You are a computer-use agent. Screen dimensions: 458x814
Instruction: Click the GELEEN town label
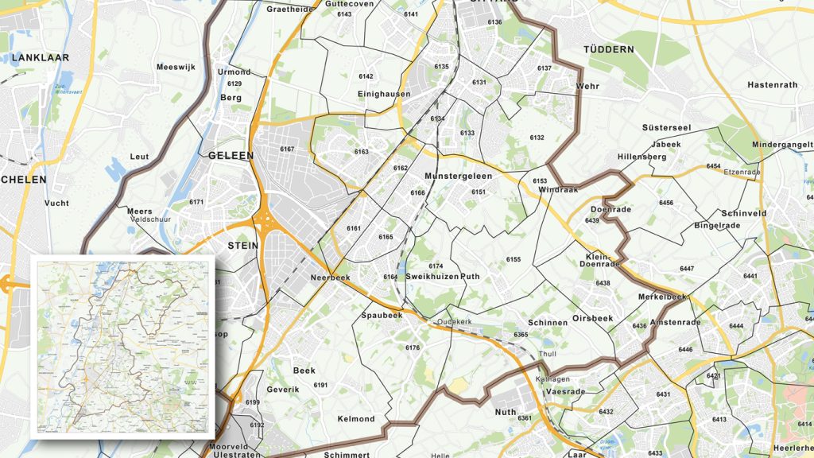click(x=231, y=156)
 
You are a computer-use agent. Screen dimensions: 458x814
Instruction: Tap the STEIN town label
click(x=242, y=246)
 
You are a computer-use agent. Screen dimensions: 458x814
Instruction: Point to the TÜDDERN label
click(x=609, y=49)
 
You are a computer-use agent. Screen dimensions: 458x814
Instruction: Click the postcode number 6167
click(x=287, y=149)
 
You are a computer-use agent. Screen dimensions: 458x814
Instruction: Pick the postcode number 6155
click(x=514, y=260)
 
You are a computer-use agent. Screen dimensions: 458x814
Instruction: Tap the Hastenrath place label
click(x=772, y=85)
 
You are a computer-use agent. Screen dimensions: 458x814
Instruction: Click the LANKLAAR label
click(x=41, y=58)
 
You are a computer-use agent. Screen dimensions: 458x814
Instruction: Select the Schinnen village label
click(x=548, y=323)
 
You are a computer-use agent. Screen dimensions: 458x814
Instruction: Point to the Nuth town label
click(x=506, y=412)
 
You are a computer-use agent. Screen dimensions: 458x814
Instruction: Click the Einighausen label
click(x=384, y=94)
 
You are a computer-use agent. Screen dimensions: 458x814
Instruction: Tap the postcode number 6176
click(x=413, y=348)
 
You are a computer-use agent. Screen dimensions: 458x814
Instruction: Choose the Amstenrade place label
click(x=675, y=322)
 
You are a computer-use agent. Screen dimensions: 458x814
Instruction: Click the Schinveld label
click(x=743, y=214)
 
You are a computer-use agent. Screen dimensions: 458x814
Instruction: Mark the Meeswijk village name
click(x=176, y=68)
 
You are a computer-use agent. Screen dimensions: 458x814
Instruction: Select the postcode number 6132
click(x=537, y=138)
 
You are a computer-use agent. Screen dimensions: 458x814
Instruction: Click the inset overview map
click(x=123, y=348)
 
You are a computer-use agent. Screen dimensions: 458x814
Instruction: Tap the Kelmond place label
click(x=356, y=419)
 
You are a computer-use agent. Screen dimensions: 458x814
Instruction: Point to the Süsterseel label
click(x=666, y=128)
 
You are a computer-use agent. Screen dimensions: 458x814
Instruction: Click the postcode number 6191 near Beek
click(x=321, y=386)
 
